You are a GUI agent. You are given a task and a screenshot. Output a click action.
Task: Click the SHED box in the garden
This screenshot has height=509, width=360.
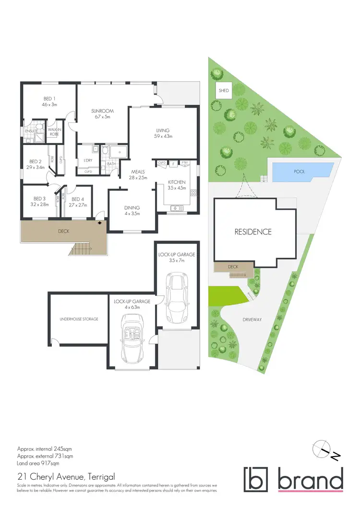(224, 90)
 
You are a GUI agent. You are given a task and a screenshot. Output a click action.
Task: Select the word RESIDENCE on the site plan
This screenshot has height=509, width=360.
(253, 231)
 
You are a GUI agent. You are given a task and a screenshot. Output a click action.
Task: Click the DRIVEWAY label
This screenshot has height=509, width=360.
(252, 319)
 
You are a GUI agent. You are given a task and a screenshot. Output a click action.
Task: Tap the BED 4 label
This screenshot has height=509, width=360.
(78, 199)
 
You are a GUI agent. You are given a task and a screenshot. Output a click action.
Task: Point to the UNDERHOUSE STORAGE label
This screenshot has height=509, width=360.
(79, 319)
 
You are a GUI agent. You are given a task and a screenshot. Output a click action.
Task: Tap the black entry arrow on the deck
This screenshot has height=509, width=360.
(100, 222)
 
